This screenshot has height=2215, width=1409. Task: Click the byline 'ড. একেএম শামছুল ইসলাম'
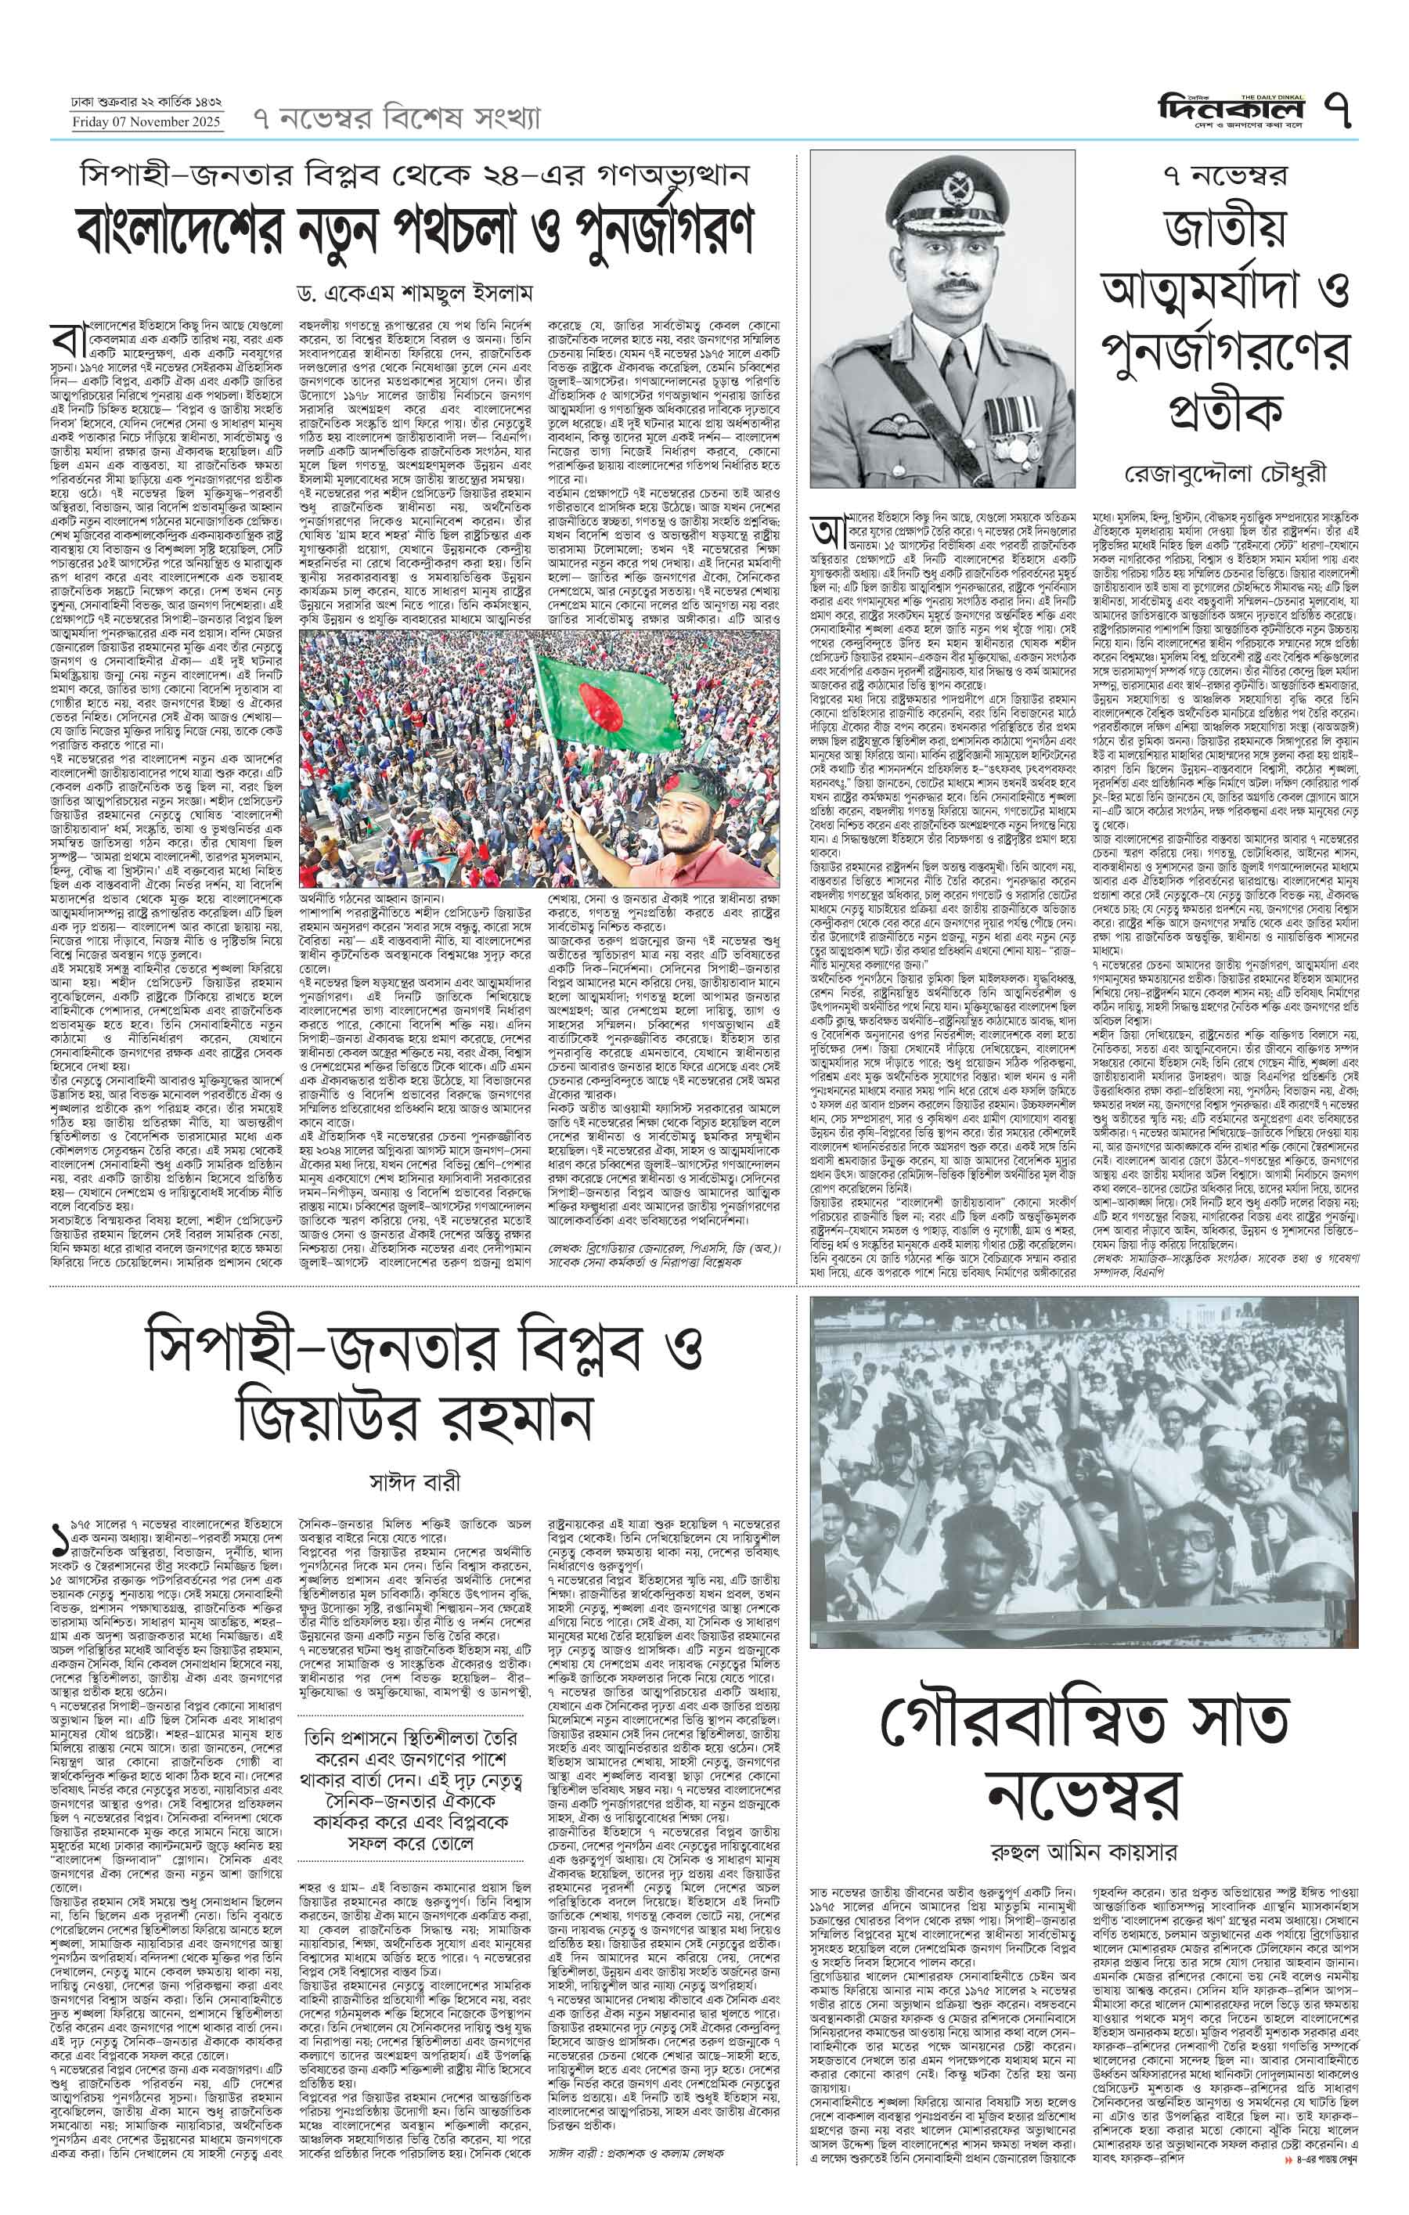[x=415, y=294]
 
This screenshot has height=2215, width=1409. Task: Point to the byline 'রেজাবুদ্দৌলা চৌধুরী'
[x=1226, y=474]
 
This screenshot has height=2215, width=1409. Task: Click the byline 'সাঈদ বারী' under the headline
[x=414, y=1483]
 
